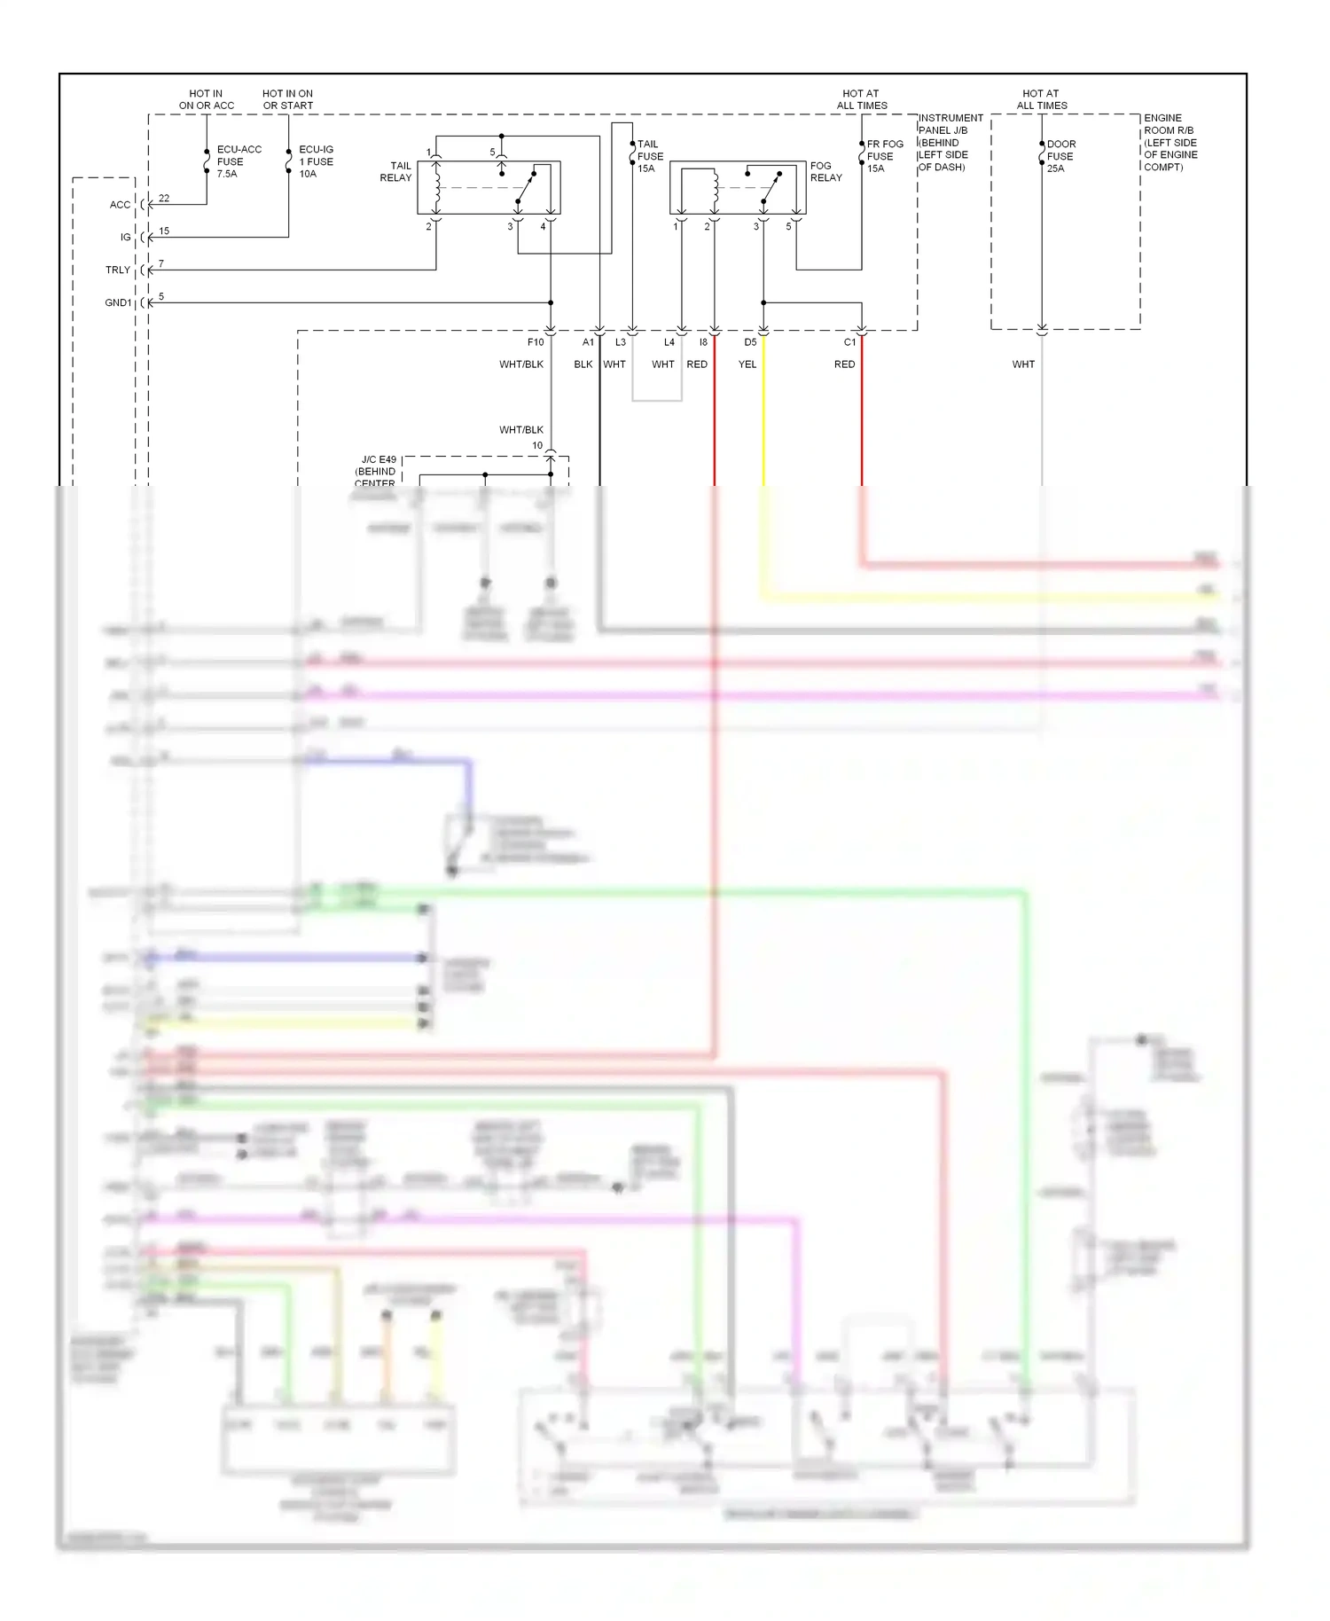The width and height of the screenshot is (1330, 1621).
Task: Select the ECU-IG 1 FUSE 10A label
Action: click(x=317, y=161)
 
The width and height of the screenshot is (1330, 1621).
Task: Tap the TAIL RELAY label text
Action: click(x=396, y=172)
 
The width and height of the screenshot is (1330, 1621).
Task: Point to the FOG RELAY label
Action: click(x=825, y=172)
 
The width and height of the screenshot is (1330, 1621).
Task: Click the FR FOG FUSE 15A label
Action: click(x=884, y=156)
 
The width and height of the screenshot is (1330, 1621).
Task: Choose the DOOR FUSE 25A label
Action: click(x=1060, y=156)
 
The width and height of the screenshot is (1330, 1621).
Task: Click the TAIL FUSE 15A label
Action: click(x=650, y=156)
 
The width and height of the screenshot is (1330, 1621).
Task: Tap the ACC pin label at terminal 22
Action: click(x=120, y=205)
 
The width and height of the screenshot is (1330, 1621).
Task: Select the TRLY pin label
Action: click(x=118, y=270)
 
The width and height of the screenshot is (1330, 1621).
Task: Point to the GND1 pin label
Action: click(x=118, y=303)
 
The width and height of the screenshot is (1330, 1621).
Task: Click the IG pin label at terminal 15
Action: click(x=125, y=238)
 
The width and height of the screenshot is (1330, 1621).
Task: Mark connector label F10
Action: click(x=536, y=342)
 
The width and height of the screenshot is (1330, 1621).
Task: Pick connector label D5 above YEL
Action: click(x=750, y=342)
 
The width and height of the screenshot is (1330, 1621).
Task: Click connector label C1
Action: click(x=849, y=342)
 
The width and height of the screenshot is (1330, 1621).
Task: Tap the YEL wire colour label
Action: click(x=747, y=364)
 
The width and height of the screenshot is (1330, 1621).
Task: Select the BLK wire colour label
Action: click(x=583, y=364)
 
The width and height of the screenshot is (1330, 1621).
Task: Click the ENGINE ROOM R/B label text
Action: click(x=1170, y=142)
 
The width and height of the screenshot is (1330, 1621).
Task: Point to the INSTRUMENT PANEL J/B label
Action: click(x=950, y=142)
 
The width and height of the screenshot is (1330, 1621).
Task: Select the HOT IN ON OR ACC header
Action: click(x=207, y=99)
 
